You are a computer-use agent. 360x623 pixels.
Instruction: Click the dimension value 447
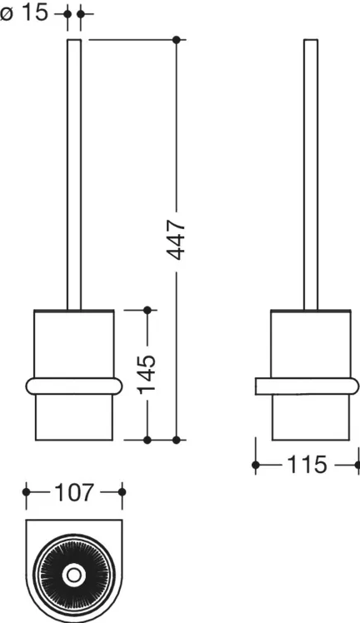(x=177, y=240)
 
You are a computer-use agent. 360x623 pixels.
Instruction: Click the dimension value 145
(x=147, y=374)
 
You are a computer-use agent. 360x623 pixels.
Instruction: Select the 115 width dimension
(x=307, y=464)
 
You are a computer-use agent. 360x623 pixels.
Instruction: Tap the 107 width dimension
(x=74, y=492)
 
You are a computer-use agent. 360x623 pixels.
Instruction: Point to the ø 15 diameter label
(x=24, y=13)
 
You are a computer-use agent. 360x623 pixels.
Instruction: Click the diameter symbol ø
(x=7, y=15)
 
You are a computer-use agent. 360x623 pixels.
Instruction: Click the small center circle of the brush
(x=73, y=575)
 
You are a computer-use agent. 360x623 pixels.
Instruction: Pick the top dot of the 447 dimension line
(x=177, y=40)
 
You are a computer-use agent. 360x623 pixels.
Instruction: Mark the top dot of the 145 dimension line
(x=147, y=310)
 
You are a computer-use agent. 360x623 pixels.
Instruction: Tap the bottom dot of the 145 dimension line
(x=147, y=440)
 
